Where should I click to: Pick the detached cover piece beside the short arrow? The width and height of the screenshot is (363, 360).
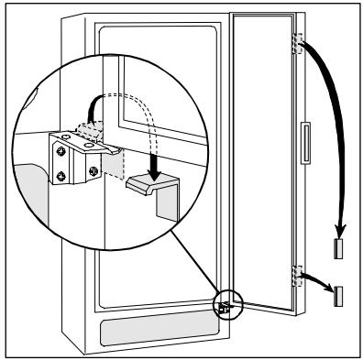(x=340, y=294)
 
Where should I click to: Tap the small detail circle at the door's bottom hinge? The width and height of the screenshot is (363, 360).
(x=225, y=305)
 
